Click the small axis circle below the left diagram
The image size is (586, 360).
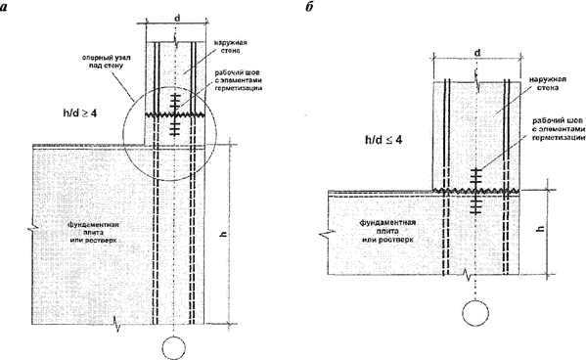(175, 346)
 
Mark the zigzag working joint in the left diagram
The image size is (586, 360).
(176, 115)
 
